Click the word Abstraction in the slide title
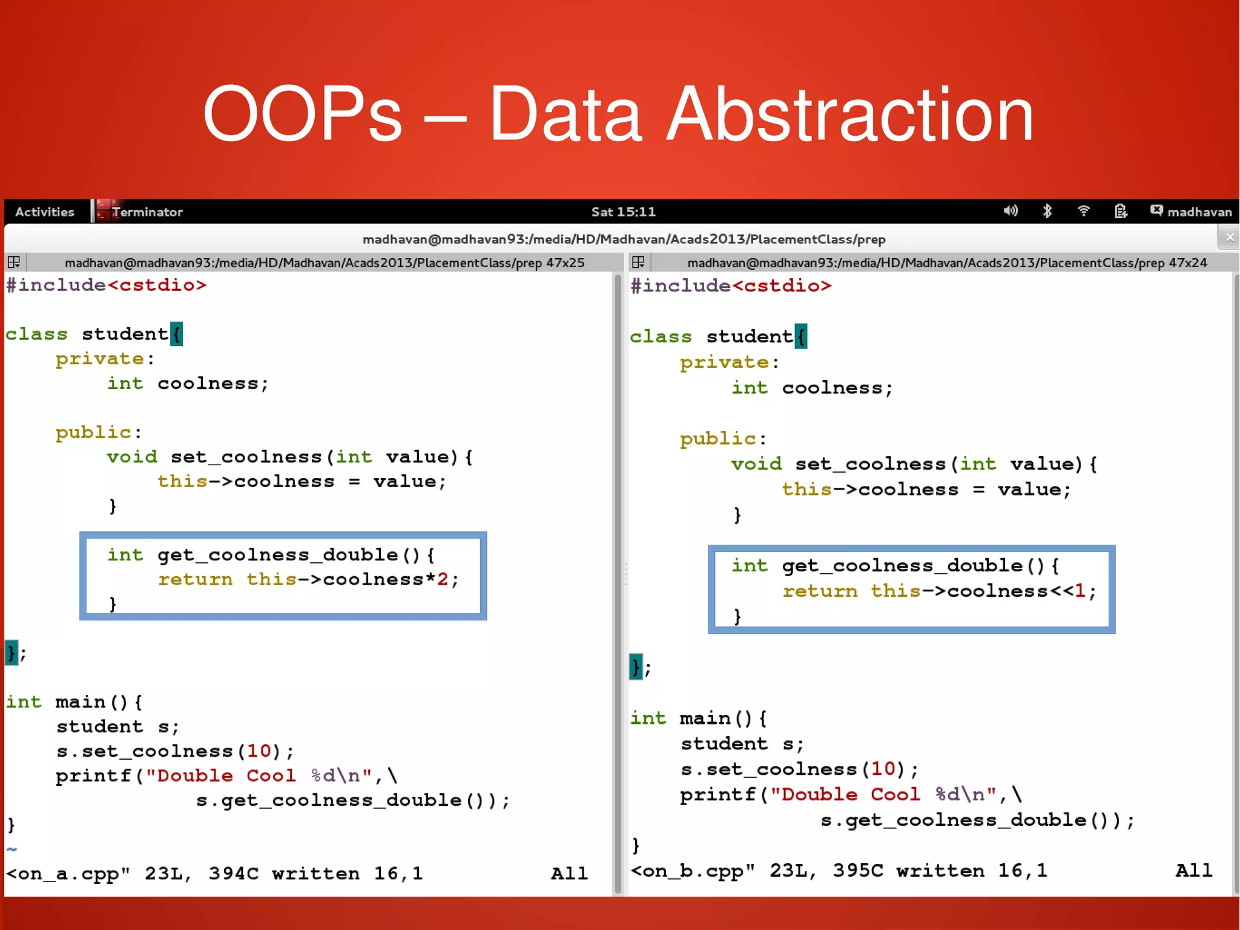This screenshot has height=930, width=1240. (x=851, y=115)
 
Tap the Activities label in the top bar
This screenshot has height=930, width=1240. (x=45, y=212)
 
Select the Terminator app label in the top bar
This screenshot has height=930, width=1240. (x=147, y=212)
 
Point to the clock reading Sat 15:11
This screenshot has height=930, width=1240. (x=623, y=212)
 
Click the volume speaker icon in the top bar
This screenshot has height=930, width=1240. (x=1011, y=211)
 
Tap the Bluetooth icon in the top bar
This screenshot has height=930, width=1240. (x=1047, y=211)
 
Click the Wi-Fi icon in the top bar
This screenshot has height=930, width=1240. (x=1084, y=211)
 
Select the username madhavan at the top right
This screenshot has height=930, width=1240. (x=1199, y=212)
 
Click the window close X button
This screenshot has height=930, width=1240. (x=1230, y=237)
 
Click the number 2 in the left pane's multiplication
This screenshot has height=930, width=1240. (x=443, y=579)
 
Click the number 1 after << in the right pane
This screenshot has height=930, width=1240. (x=1080, y=591)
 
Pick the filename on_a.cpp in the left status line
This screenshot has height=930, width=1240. (x=68, y=874)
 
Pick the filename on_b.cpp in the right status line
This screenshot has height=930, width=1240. (x=693, y=871)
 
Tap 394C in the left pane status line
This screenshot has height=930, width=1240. (x=234, y=874)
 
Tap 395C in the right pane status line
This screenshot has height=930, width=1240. (x=858, y=871)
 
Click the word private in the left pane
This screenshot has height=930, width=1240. (x=100, y=359)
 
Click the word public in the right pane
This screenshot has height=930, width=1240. (x=718, y=439)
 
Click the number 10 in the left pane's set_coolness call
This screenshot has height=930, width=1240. (x=259, y=751)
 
